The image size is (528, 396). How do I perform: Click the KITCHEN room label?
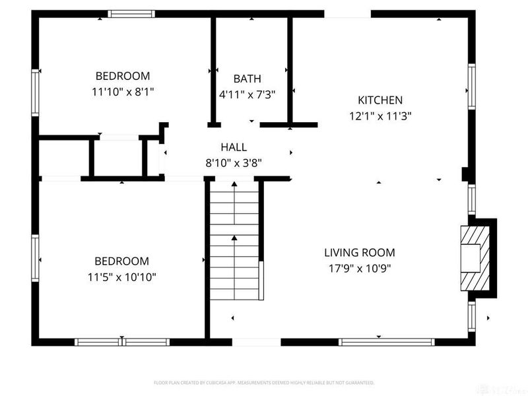pyautogui.click(x=379, y=100)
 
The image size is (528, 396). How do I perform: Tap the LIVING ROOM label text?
pyautogui.click(x=359, y=252)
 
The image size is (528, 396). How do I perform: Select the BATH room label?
pyautogui.click(x=247, y=79)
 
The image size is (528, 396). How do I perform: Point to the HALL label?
pyautogui.click(x=234, y=147)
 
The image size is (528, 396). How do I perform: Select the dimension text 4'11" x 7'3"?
pyautogui.click(x=247, y=94)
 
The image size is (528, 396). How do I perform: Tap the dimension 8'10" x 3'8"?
pyautogui.click(x=234, y=162)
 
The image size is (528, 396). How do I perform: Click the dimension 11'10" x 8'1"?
pyautogui.click(x=122, y=92)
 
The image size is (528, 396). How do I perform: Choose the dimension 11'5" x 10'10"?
pyautogui.click(x=121, y=277)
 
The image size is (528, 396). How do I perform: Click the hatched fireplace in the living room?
pyautogui.click(x=476, y=258)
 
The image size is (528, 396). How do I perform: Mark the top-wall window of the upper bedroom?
pyautogui.click(x=131, y=13)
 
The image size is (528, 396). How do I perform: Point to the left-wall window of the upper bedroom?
pyautogui.click(x=36, y=93)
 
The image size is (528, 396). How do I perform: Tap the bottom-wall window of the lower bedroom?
pyautogui.click(x=122, y=342)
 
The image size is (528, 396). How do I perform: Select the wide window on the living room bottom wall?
pyautogui.click(x=386, y=342)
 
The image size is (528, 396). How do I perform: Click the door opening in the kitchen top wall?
pyautogui.click(x=347, y=13)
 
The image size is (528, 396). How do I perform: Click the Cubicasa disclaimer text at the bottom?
pyautogui.click(x=264, y=383)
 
